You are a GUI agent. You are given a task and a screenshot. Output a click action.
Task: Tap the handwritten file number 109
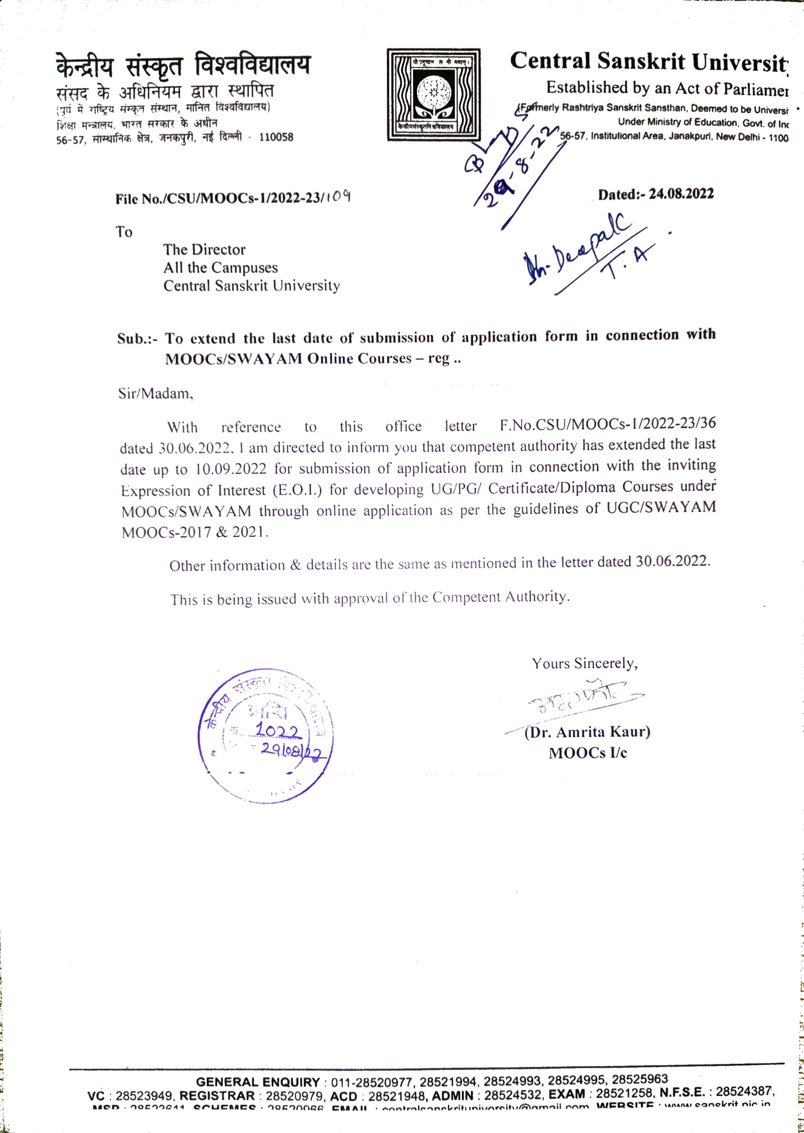(x=341, y=197)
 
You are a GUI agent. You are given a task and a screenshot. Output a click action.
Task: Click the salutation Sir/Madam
(x=155, y=394)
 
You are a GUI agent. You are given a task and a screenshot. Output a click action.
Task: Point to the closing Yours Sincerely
(x=585, y=663)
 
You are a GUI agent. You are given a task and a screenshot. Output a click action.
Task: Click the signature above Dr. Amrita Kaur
(x=579, y=699)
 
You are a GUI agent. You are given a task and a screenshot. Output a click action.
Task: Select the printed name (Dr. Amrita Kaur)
(x=587, y=731)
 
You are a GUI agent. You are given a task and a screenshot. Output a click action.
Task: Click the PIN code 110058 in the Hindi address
(x=276, y=137)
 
